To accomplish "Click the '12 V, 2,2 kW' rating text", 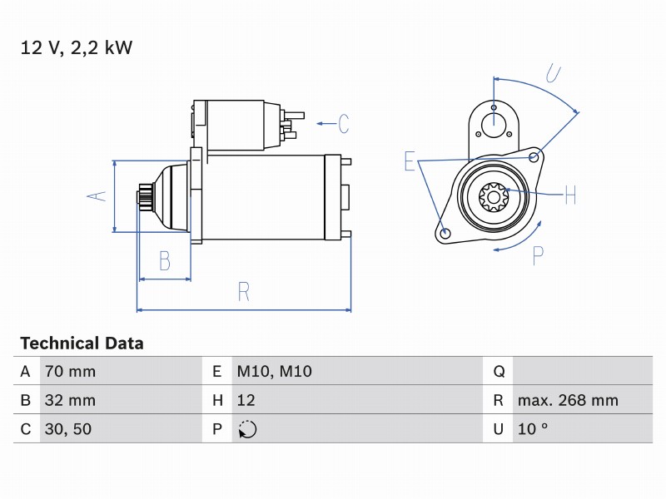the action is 77,47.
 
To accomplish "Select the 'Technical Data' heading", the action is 82,343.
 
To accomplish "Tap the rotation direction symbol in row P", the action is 247,429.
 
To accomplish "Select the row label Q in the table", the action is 499,372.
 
